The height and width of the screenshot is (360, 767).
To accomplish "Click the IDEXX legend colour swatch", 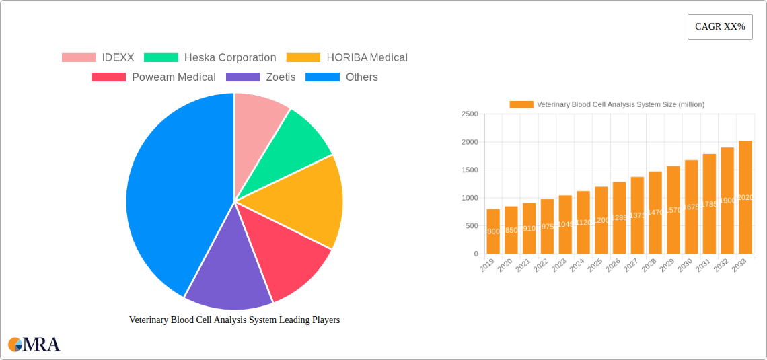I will [79, 58].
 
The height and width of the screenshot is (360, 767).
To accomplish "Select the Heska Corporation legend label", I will [230, 58].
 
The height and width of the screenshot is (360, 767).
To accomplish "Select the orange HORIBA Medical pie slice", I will [303, 202].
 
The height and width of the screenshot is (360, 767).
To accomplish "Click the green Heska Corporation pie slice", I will [296, 141].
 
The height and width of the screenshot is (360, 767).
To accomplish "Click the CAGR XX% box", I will [720, 27].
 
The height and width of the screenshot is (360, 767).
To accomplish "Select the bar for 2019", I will [493, 231].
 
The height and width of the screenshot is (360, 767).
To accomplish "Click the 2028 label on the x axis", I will [649, 266].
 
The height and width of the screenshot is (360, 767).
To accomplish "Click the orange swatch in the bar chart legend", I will [521, 104].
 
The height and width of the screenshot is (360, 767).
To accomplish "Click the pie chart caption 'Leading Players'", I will [234, 320].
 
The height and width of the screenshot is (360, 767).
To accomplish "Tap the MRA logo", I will [34, 345].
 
